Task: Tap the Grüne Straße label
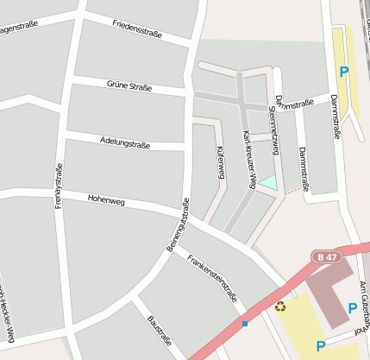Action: point(129,86)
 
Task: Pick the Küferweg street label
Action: point(221,162)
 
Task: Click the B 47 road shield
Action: point(325,256)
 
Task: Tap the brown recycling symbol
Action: point(280,305)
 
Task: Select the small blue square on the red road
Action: point(245,324)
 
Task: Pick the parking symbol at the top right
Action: point(344,73)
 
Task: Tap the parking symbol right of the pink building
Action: point(352,308)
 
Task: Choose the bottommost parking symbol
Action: point(321,346)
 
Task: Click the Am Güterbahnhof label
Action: point(363,302)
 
